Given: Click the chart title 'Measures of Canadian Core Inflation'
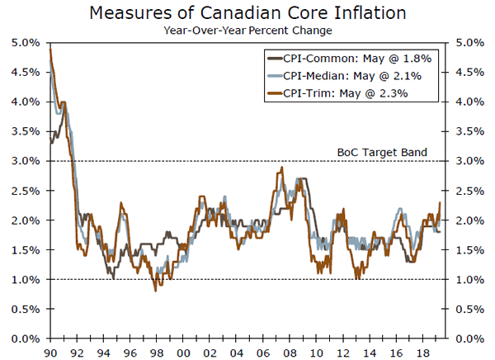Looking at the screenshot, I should pos(247,14).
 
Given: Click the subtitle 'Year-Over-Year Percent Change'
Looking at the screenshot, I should pos(247,31).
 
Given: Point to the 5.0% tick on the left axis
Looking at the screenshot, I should pos(49,42).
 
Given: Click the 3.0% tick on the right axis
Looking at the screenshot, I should pos(445,161).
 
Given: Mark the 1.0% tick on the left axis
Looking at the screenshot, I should pos(49,280).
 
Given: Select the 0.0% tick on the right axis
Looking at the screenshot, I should pos(445,339).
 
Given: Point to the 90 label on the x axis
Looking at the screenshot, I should pos(50,350).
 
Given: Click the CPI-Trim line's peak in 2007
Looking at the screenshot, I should pos(282,168).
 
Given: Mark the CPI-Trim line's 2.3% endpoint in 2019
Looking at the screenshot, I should pos(440,202).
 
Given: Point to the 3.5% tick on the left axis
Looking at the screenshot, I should pos(49,131).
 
